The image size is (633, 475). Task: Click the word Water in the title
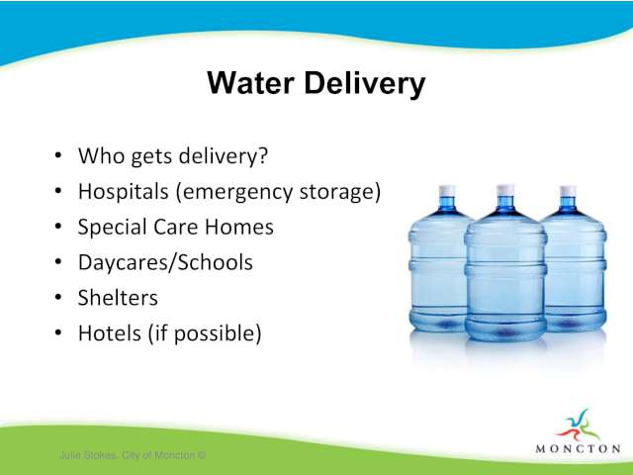(x=250, y=83)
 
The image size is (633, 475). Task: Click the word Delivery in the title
(x=365, y=84)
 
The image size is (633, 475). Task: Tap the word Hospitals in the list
(x=123, y=192)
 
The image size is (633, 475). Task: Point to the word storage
(x=336, y=193)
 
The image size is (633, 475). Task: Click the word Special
(x=112, y=228)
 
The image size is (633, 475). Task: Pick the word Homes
(x=239, y=227)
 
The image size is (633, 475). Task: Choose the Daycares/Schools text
(x=165, y=263)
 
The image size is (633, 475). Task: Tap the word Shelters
(x=118, y=298)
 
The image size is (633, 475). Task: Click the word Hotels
(x=110, y=333)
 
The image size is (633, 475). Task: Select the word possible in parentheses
(x=214, y=335)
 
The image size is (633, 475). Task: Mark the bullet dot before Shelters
(x=58, y=298)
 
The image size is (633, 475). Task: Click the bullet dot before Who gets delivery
(x=58, y=155)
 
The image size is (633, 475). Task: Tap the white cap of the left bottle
(x=447, y=190)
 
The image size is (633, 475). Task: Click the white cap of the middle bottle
(x=505, y=189)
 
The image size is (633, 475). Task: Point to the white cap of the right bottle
(x=568, y=191)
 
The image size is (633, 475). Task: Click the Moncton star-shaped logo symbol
(x=578, y=425)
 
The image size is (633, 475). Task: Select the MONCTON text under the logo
(x=578, y=448)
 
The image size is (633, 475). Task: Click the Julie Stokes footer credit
(x=133, y=455)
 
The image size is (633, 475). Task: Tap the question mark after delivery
(x=263, y=156)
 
